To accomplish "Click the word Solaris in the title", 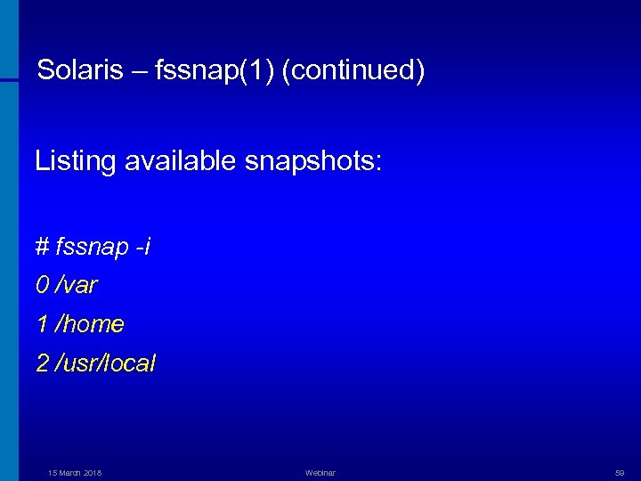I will [80, 71].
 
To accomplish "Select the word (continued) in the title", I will [353, 71].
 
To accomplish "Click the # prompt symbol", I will [42, 247].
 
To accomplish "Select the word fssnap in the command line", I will [92, 247].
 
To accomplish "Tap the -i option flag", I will [142, 247].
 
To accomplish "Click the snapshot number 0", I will [42, 285].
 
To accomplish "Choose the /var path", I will [77, 285].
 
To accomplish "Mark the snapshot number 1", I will [42, 324].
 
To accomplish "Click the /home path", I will [89, 324].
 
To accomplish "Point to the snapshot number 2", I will [42, 363].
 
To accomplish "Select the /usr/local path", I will [105, 363].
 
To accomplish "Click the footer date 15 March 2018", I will [75, 473].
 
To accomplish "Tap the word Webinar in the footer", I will [320, 473].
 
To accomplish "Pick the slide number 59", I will [620, 473].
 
